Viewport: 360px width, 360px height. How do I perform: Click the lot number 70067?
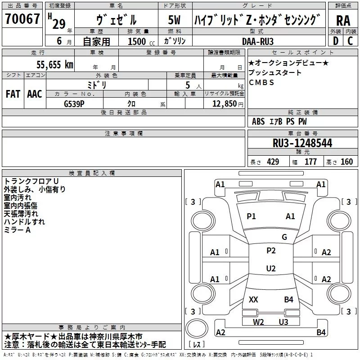click(22, 18)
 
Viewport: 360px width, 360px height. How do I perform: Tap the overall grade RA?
click(343, 21)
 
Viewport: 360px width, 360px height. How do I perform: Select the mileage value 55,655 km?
click(55, 65)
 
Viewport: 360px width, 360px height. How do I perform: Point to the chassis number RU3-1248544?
click(302, 143)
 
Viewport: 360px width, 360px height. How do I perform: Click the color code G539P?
click(74, 104)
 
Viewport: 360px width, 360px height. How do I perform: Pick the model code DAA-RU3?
click(258, 41)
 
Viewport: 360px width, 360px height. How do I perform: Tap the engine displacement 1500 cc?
click(141, 41)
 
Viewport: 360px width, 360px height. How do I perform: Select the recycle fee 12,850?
click(224, 104)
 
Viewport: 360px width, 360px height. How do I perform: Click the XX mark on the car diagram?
click(253, 299)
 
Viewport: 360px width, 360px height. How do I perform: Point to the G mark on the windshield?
click(284, 237)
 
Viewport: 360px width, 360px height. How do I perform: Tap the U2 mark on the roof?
click(271, 268)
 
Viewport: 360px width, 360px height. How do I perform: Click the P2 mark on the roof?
click(271, 251)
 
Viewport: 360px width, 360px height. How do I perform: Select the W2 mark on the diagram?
click(258, 322)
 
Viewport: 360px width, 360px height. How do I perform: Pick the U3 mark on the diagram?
click(283, 322)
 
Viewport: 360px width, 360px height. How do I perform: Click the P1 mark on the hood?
click(251, 216)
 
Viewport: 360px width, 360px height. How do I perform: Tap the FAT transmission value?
click(13, 94)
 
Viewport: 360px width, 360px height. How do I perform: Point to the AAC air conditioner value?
click(35, 94)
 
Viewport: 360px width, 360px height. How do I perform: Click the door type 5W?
click(174, 20)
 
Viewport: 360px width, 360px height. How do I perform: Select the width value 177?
click(310, 162)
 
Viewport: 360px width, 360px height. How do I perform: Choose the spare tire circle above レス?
click(197, 328)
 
